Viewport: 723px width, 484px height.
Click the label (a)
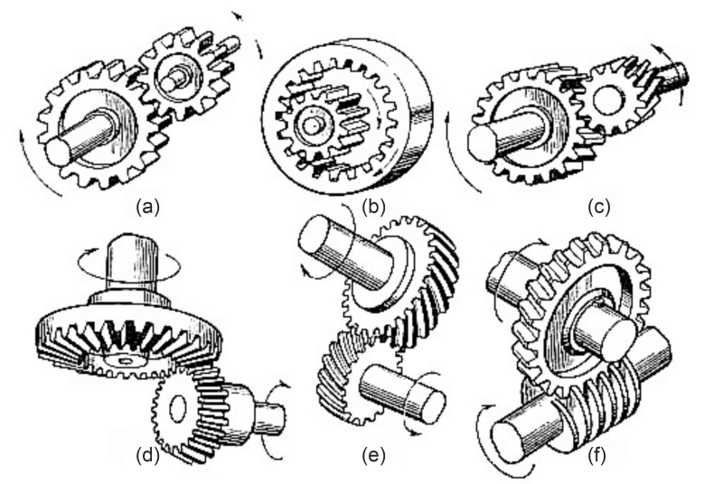148,207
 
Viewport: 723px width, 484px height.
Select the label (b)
373,207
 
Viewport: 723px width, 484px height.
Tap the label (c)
599,207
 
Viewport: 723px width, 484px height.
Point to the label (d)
148,456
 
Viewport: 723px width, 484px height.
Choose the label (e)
373,456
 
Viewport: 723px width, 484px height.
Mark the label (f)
597,456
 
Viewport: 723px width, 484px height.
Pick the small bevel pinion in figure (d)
193,410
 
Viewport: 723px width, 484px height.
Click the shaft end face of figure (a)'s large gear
59,151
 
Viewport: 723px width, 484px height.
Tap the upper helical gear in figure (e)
401,281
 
